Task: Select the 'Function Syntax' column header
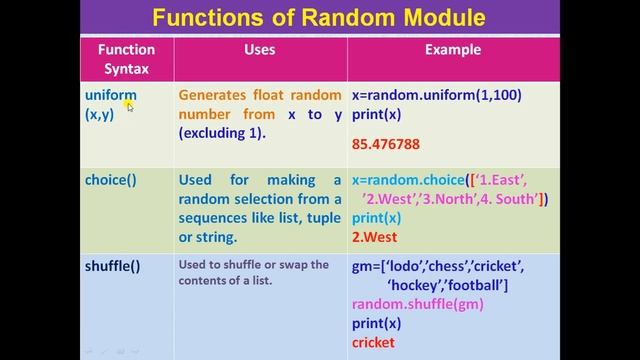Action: [126, 59]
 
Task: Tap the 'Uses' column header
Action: [260, 49]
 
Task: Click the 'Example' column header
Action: [453, 49]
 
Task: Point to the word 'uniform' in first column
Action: [110, 96]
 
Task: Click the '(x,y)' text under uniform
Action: [100, 114]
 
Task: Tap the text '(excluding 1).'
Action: [222, 132]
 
